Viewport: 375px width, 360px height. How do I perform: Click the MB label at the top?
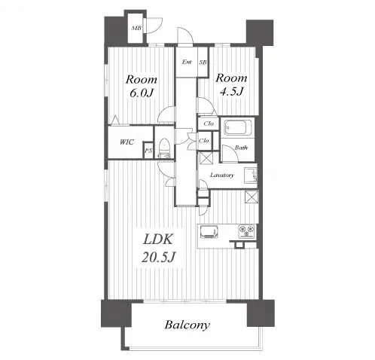(x=136, y=28)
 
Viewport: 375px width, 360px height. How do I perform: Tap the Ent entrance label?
(x=187, y=62)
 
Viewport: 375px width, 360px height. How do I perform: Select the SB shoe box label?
(x=203, y=62)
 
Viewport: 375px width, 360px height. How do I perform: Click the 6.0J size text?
(x=142, y=93)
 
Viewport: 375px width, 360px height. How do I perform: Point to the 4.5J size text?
(x=231, y=92)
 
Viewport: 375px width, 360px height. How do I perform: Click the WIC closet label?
(x=127, y=142)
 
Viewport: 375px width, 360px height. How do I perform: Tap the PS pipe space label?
(x=148, y=151)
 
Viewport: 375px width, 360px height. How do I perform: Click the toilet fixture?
(x=164, y=148)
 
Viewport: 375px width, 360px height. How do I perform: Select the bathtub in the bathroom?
(x=237, y=128)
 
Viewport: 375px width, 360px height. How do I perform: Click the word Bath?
(x=241, y=148)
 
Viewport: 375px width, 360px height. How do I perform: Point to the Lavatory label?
(x=222, y=175)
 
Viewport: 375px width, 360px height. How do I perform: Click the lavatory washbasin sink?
(x=251, y=175)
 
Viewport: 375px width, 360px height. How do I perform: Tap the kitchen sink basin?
(x=209, y=231)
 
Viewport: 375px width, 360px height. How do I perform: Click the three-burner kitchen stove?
(x=246, y=231)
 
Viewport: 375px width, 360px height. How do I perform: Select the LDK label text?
(x=158, y=239)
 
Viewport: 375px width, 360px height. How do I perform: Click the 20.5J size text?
(x=158, y=257)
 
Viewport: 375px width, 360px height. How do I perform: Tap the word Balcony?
(x=187, y=325)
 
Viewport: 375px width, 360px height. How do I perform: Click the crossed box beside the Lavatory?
(x=206, y=158)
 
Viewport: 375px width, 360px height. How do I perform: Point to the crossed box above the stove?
(x=252, y=197)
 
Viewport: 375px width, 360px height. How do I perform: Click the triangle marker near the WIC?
(x=115, y=120)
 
